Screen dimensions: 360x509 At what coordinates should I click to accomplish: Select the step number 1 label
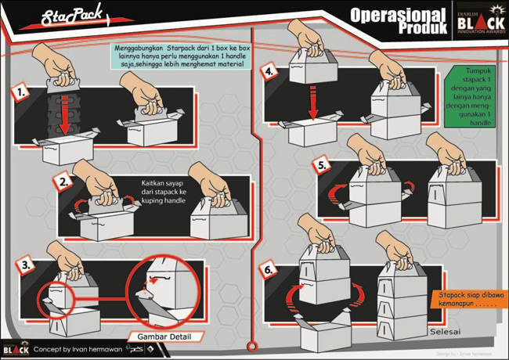pos(23,93)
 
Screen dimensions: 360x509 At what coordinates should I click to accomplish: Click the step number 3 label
pos(27,265)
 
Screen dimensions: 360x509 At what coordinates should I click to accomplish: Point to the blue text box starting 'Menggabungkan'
pos(177,60)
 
